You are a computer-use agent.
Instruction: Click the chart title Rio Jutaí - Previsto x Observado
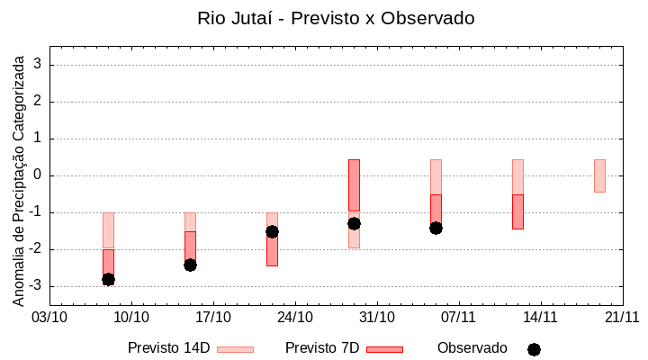pos(336,18)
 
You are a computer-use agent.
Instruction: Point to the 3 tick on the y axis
pos(39,65)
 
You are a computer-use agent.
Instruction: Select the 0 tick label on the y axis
pos(39,175)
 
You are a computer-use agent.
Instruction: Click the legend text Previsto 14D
pos(168,348)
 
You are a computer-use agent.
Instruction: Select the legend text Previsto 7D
pos(322,348)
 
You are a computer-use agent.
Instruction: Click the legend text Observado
pos(472,348)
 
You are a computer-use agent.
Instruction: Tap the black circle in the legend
pos(534,349)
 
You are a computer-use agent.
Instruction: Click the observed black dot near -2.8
pos(108,280)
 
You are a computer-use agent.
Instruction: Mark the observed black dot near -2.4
pos(190,265)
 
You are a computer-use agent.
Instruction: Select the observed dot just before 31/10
pos(354,223)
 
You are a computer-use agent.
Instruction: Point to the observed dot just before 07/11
pos(436,228)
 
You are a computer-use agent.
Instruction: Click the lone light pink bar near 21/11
pos(599,175)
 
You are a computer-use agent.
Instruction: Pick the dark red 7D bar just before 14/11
pos(517,211)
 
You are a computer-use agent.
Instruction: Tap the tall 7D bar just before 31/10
pos(354,185)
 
